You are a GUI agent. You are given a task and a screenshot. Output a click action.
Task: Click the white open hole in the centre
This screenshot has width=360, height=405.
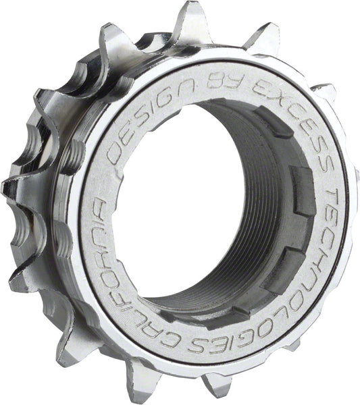(x=182, y=196)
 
